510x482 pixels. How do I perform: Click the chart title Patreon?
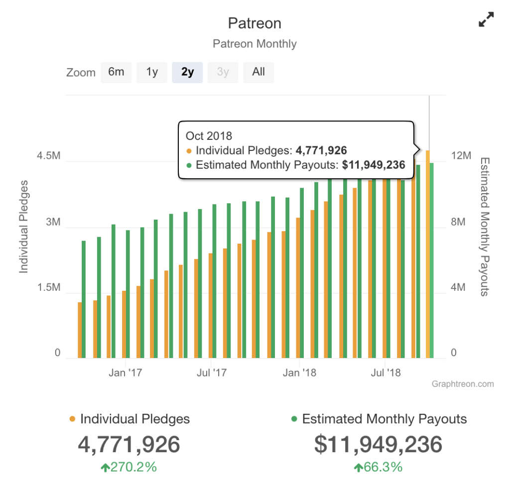coord(255,23)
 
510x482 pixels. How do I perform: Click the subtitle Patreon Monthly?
coord(255,44)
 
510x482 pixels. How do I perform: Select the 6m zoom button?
coord(116,72)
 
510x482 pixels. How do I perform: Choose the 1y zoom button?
coord(152,72)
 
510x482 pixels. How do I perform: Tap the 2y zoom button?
coord(187,72)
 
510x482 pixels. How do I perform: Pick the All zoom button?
coord(258,72)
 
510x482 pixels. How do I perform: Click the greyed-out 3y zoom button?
coord(223,72)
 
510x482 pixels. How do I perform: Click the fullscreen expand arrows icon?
coord(486,20)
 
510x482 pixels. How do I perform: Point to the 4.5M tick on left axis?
coord(48,156)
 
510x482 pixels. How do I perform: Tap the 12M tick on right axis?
coord(461,156)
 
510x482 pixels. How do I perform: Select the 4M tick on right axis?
coord(461,288)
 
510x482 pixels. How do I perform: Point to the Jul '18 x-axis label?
coord(385,372)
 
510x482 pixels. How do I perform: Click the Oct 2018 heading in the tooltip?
coord(209,135)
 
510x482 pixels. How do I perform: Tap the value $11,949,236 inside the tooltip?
coord(374,165)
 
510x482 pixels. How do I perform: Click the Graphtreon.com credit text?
coord(463,384)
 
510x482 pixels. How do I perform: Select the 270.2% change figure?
coord(129,467)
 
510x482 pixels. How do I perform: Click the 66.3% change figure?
coord(378,467)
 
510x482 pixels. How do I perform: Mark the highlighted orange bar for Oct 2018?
coord(428,254)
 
